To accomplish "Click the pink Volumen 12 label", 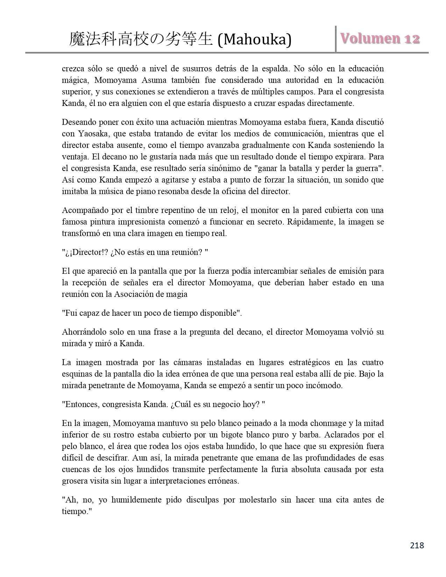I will (x=380, y=39).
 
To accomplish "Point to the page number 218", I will (x=417, y=545).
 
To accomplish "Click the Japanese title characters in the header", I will (x=141, y=40).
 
